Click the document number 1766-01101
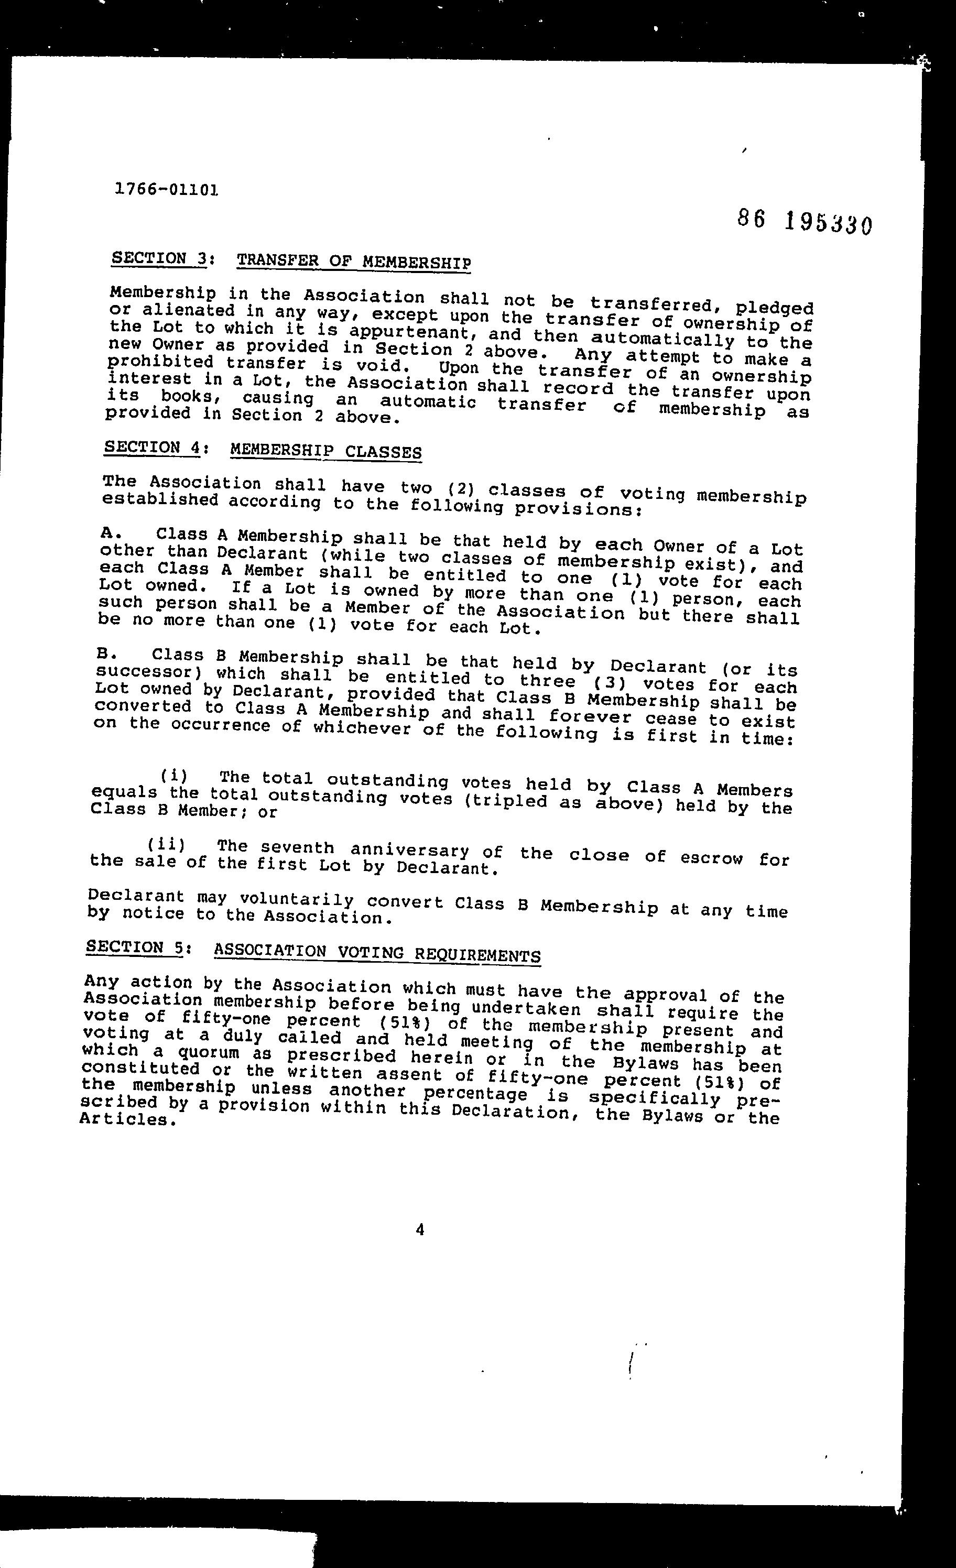pos(167,189)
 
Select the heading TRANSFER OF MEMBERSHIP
pos(353,261)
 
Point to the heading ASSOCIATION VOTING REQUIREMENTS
pos(377,953)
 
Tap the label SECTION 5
pos(135,947)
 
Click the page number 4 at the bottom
pos(419,1229)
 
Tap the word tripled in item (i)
pos(505,801)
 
